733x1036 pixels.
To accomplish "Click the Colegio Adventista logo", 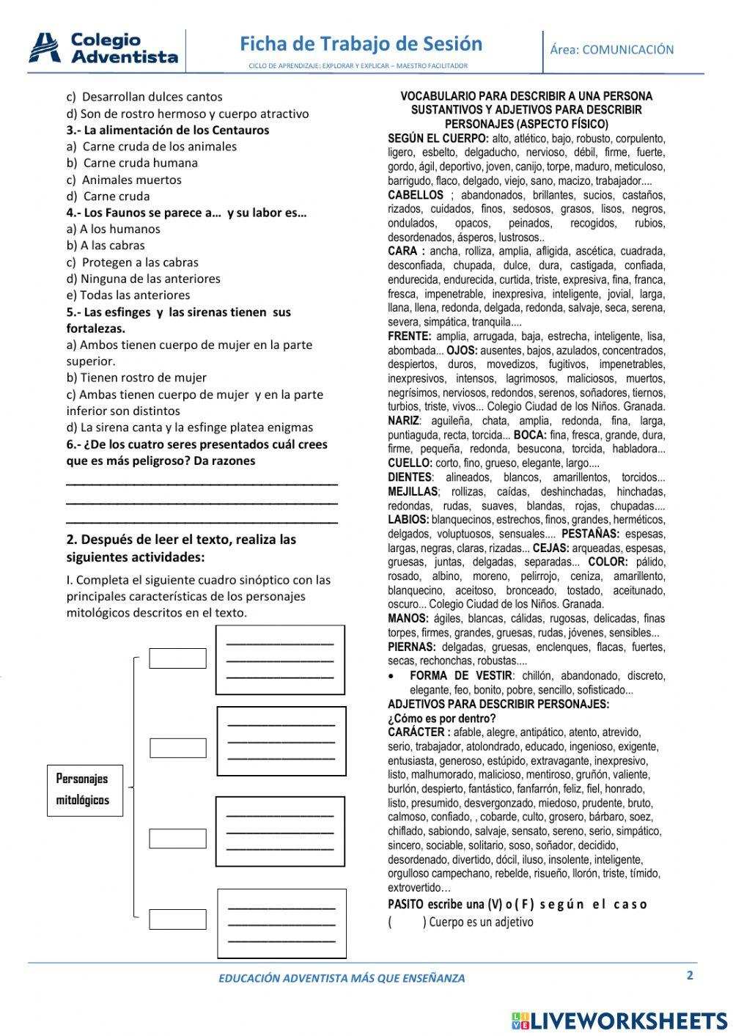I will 103,48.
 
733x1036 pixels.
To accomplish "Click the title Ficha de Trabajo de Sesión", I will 361,44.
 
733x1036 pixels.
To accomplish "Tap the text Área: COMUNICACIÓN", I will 611,50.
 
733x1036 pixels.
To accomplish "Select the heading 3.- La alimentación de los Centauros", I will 168,130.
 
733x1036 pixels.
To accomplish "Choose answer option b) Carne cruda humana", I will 132,163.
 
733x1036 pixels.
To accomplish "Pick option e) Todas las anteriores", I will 128,295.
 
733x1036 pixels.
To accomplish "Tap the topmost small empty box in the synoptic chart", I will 177,658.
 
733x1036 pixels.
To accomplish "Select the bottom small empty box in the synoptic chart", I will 177,919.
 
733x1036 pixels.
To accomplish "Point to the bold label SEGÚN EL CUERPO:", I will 438,139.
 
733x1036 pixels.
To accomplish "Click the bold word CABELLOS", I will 416,195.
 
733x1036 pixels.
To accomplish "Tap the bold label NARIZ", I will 404,421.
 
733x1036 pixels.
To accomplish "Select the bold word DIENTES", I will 410,477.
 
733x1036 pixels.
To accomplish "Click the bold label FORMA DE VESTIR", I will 461,675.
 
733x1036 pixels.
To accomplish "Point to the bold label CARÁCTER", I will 419,732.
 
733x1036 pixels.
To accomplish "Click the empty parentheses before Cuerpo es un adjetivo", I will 407,922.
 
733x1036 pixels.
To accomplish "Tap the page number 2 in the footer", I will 689,975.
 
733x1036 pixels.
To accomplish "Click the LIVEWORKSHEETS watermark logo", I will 619,1020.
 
